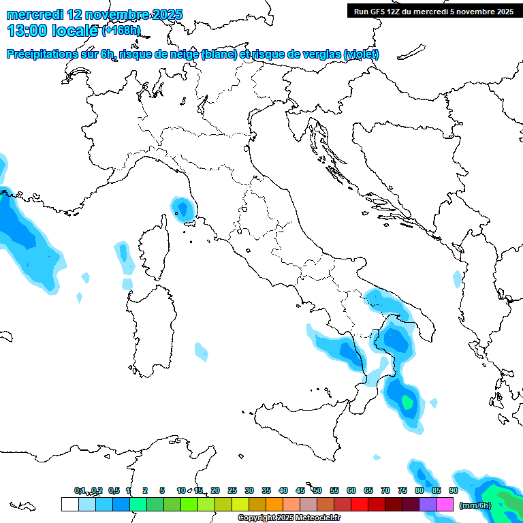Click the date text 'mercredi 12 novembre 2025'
pos(94,14)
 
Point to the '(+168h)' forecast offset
pos(121,31)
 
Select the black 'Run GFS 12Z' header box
pos(433,11)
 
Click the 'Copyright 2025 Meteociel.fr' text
pos(289,518)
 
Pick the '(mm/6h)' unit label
pos(475,505)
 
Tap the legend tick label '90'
pos(453,490)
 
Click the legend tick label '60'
pos(351,490)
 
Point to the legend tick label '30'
pos(249,490)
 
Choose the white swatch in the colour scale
pos(69,505)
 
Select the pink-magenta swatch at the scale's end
pos(445,505)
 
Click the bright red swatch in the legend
pos(360,505)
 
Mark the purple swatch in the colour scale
pos(428,505)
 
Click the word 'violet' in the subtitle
pos(361,54)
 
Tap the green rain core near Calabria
pos(407,402)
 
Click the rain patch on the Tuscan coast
pos(181,207)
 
